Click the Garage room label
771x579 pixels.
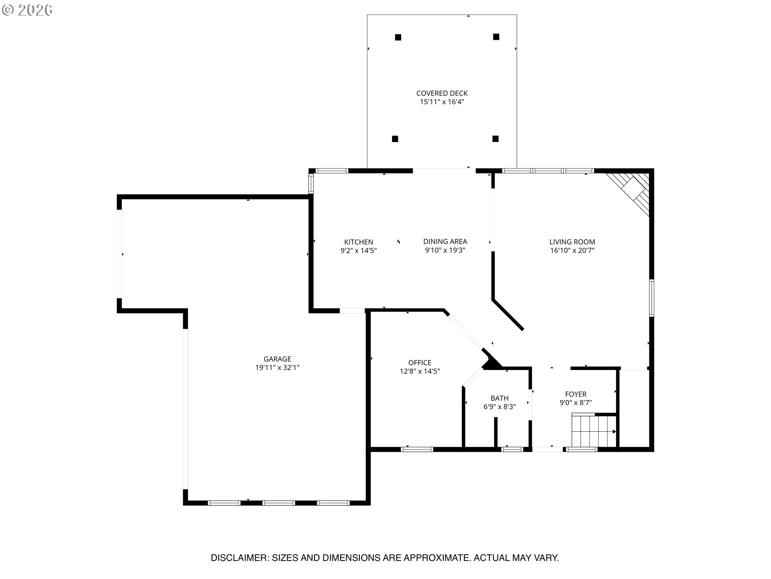click(x=277, y=359)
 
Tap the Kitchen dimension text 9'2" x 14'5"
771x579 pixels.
click(x=359, y=250)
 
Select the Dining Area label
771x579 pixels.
click(x=445, y=242)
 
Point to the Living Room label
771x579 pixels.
click(x=572, y=242)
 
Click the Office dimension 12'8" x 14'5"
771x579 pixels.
click(x=420, y=372)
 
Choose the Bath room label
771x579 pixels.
click(x=500, y=398)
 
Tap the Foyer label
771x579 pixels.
click(x=575, y=394)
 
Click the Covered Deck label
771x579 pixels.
click(x=442, y=93)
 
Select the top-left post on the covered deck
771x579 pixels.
click(x=398, y=37)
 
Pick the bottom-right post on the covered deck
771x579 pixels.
click(x=496, y=139)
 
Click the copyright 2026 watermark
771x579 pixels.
click(x=27, y=10)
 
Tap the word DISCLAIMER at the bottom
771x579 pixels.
click(x=239, y=558)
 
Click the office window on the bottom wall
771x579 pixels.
click(x=417, y=449)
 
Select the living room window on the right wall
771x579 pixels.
click(x=651, y=298)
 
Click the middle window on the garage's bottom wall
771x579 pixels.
click(x=279, y=503)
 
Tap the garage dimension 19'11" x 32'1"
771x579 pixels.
click(x=277, y=368)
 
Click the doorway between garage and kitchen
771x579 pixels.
click(x=352, y=311)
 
